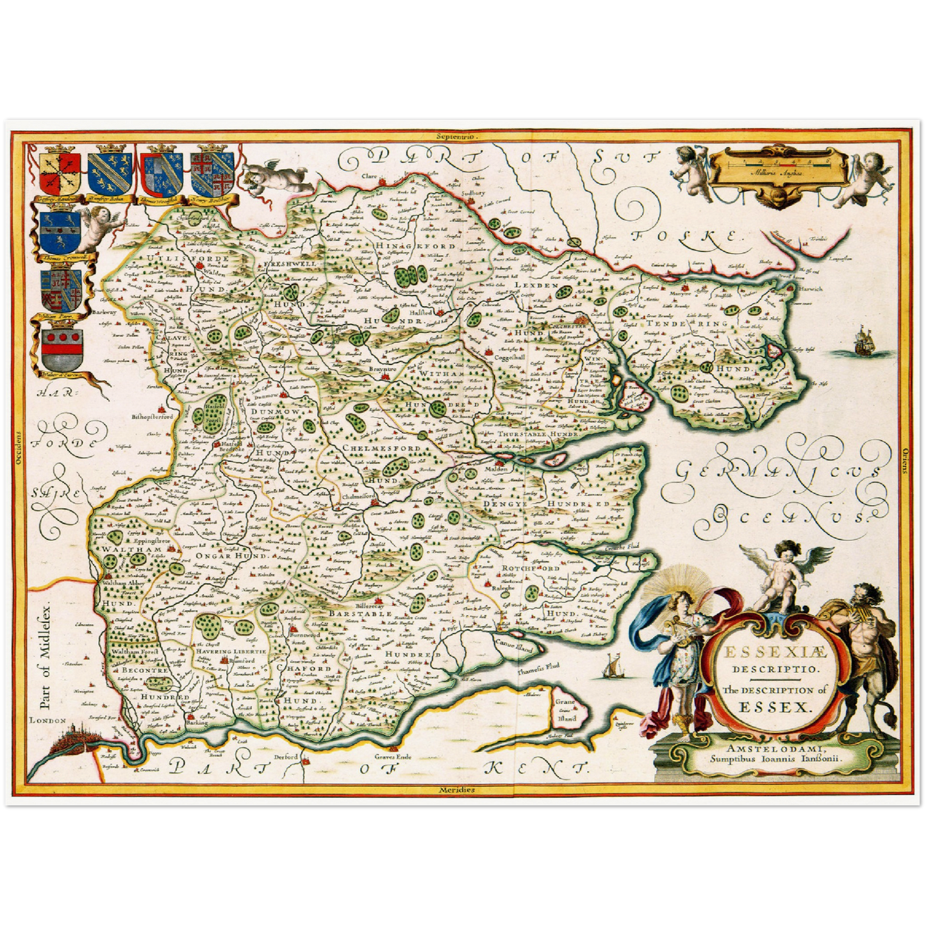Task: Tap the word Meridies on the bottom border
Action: click(457, 790)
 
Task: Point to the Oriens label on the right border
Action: click(906, 460)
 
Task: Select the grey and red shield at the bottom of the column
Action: click(62, 350)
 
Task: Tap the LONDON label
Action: click(48, 720)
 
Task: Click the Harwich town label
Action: click(810, 289)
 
